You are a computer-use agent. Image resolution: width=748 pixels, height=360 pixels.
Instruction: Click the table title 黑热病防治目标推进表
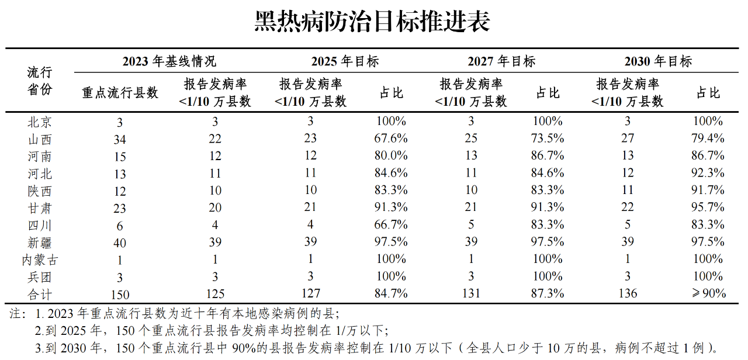click(x=373, y=22)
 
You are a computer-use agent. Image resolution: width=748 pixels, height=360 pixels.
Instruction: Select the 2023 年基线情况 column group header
click(x=169, y=61)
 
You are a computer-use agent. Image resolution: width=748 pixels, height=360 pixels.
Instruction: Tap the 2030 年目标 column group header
click(x=658, y=61)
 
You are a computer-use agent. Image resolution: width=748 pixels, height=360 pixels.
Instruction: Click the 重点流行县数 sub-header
click(x=120, y=92)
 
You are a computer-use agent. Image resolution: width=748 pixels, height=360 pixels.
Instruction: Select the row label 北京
click(x=40, y=122)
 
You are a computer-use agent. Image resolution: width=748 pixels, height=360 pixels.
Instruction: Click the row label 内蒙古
click(x=40, y=259)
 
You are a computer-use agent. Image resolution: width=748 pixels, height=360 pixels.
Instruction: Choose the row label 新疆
click(x=40, y=242)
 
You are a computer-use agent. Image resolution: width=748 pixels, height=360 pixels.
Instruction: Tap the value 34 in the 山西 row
click(x=120, y=139)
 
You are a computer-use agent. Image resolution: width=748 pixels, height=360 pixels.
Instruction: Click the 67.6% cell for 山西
click(x=392, y=139)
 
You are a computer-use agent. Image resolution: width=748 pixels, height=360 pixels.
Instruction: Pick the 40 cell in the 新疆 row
click(x=120, y=243)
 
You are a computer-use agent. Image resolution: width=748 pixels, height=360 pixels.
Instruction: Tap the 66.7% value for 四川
click(x=392, y=225)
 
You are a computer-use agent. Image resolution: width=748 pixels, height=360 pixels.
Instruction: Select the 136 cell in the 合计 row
click(x=628, y=294)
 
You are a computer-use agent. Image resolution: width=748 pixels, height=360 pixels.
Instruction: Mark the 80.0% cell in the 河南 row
click(x=392, y=156)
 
